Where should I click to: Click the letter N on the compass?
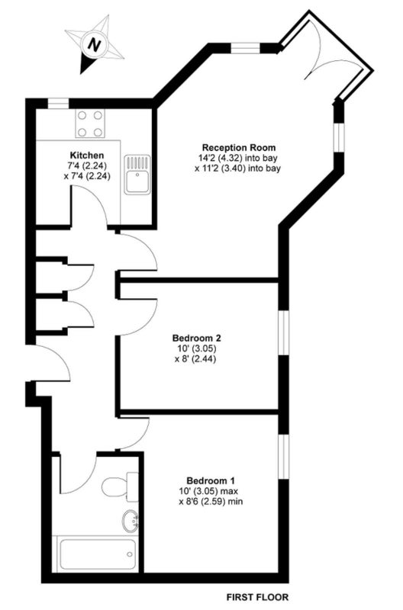(x=94, y=44)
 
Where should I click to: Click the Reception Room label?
(x=239, y=148)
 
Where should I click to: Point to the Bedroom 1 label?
(x=211, y=481)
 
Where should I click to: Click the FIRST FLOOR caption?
(x=258, y=597)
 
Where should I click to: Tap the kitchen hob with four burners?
(x=90, y=124)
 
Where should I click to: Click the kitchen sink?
(x=137, y=175)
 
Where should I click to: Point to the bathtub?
(x=97, y=554)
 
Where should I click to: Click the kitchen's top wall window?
(x=59, y=104)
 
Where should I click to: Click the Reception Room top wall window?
(x=246, y=48)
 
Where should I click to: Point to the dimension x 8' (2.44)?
(x=195, y=358)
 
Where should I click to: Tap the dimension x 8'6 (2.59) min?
(x=211, y=502)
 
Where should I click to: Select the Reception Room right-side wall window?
(x=340, y=137)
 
